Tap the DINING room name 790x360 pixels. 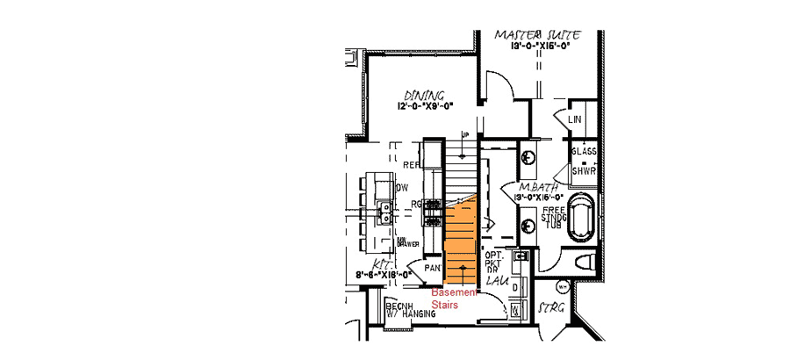[425, 95]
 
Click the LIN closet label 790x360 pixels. [576, 119]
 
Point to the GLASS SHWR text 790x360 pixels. [584, 161]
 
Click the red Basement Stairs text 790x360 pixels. [452, 298]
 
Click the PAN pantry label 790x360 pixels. [434, 267]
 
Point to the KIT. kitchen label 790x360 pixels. [381, 263]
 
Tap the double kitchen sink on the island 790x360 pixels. [385, 211]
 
